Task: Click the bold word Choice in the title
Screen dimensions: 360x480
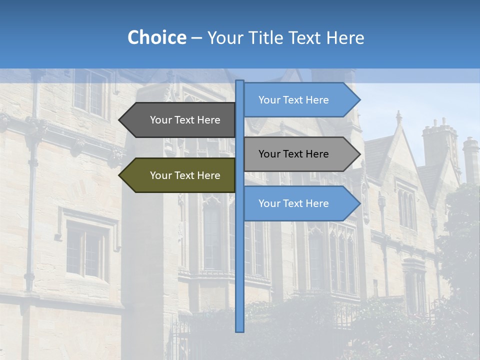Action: [156, 37]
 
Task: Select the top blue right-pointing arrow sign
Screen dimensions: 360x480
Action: [300, 100]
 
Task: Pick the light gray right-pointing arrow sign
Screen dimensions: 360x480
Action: [300, 154]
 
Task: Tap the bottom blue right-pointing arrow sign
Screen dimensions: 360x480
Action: [300, 203]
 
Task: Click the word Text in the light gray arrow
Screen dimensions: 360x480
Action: [293, 154]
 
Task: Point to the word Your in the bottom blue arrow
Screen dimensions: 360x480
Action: [269, 203]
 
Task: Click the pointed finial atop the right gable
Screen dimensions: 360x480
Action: [398, 117]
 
